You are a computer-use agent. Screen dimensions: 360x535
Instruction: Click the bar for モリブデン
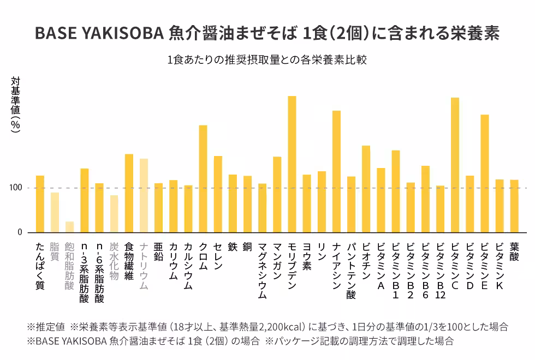click(292, 164)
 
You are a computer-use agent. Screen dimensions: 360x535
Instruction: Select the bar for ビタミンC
click(455, 165)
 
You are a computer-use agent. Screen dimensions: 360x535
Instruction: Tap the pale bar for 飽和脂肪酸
click(69, 227)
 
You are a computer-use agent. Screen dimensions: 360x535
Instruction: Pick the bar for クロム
click(203, 179)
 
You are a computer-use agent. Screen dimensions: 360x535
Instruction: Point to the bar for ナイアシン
click(336, 171)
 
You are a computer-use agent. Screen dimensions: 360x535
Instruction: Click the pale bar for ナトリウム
click(144, 195)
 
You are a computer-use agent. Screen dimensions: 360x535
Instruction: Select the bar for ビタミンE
click(485, 173)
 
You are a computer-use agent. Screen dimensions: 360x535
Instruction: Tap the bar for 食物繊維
click(129, 193)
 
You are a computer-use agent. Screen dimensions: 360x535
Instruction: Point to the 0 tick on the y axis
click(20, 232)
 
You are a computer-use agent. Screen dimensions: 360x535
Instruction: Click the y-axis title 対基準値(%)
click(16, 104)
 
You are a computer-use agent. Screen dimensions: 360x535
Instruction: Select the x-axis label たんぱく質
click(40, 266)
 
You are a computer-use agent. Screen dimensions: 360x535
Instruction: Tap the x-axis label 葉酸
click(514, 251)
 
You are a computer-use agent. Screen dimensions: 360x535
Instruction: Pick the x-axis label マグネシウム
click(262, 271)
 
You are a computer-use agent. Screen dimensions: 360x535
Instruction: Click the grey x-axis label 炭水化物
click(114, 261)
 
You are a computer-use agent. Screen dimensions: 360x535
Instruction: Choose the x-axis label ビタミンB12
click(440, 271)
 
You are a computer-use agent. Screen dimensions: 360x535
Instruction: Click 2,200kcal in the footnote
click(281, 327)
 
